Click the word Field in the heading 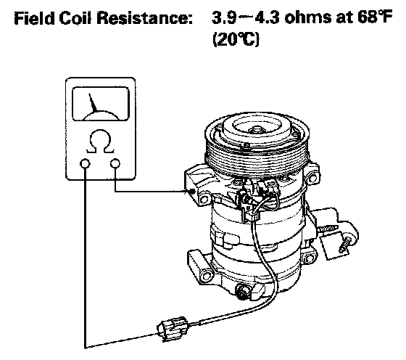point(34,18)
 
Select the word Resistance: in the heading point(146,18)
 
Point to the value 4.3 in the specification point(268,17)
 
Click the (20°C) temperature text point(236,40)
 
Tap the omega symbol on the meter point(100,142)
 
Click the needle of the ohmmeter point(93,103)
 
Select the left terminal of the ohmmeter point(86,164)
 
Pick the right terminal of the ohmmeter point(115,164)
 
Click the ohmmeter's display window point(101,104)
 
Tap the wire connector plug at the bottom point(173,328)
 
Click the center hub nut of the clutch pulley point(256,129)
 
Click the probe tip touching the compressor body point(192,192)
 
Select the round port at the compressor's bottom point(243,292)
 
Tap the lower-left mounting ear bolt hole point(207,276)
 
